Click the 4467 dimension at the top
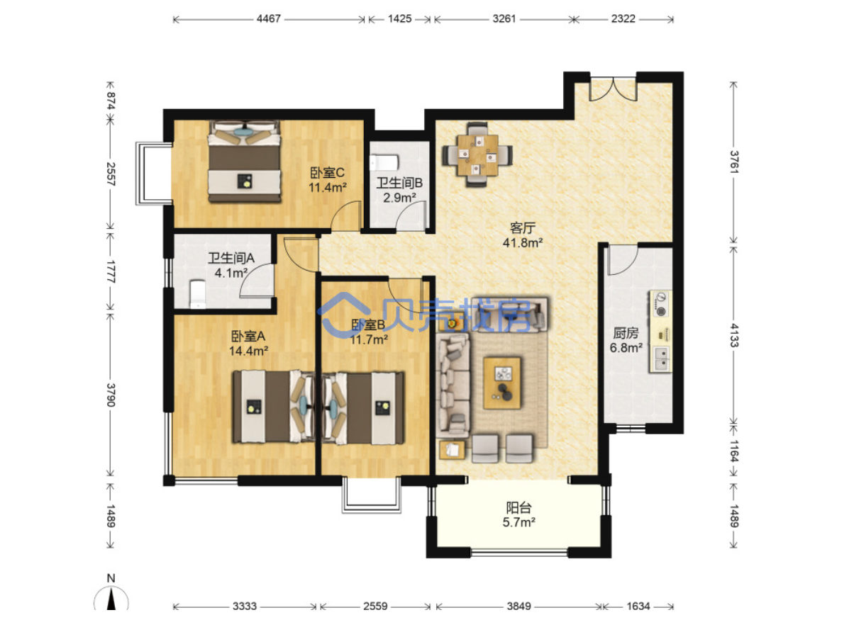coord(269,19)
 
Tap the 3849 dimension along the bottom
coord(518,606)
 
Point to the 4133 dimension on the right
coord(733,335)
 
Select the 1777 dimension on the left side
coord(111,271)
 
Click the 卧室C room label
coord(327,173)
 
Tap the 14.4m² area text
coord(248,351)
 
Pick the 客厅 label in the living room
coord(523,228)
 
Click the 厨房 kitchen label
coord(626,333)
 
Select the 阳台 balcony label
coord(518,507)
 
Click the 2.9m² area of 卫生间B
coord(399,198)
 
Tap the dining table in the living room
coord(477,155)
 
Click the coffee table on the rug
coord(502,383)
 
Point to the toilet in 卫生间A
coord(198,294)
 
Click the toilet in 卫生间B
coord(384,162)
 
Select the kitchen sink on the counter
coord(661,359)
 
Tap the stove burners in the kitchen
coord(660,304)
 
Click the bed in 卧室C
coord(245,162)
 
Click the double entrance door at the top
coord(613,90)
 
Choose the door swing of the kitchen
coord(623,260)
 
